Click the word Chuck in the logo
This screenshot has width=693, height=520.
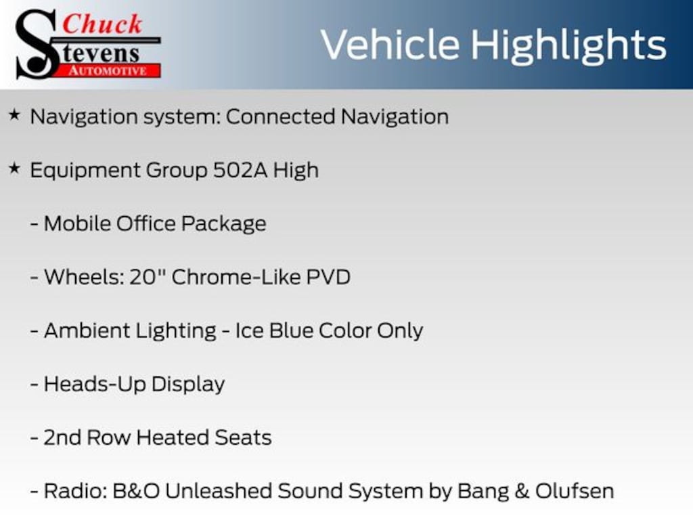pos(102,24)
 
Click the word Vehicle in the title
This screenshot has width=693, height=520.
pos(390,45)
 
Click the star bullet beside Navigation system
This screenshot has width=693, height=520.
pos(15,115)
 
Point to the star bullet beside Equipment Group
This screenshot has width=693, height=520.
pos(15,169)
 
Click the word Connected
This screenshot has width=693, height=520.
pos(281,116)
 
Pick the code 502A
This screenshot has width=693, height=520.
pos(240,170)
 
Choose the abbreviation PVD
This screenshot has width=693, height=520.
pos(328,277)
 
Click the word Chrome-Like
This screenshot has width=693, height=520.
pos(236,277)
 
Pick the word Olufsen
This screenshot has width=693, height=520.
pos(575,492)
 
